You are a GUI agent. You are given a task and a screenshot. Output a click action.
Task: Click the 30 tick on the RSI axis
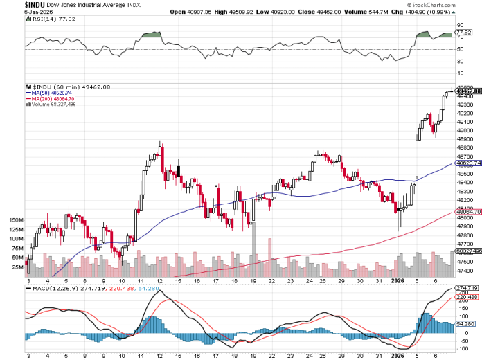pos(459,62)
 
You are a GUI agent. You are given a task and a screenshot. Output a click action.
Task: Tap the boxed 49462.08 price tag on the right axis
pos(467,91)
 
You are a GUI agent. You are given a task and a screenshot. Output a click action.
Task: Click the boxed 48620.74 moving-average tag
pos(467,163)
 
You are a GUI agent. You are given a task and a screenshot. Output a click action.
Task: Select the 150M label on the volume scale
pos(17,219)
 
